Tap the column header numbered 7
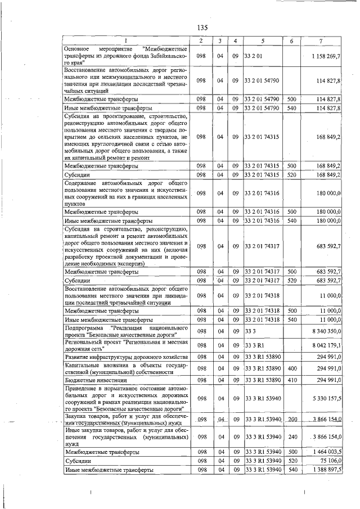pos(320,41)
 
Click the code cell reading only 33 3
pos(250,331)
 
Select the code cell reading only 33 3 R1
pos(254,345)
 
